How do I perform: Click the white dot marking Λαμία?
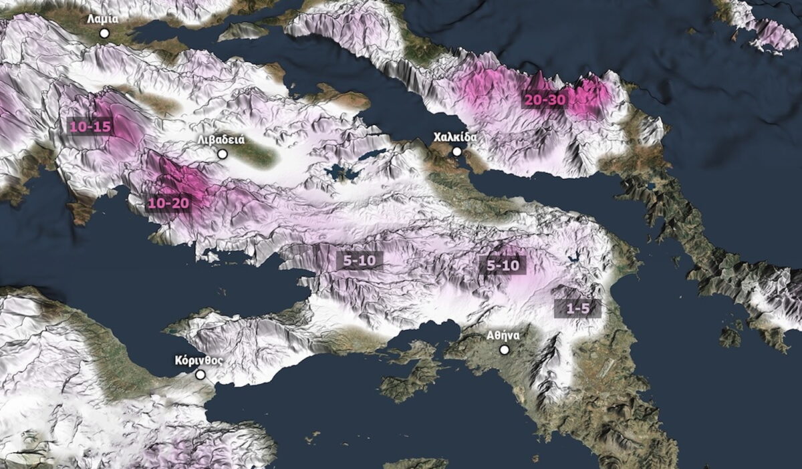tap(104, 33)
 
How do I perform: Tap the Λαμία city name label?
tap(103, 19)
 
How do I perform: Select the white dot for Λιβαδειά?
tap(223, 154)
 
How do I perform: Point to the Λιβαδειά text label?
tap(221, 140)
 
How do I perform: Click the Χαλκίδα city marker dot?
tap(457, 152)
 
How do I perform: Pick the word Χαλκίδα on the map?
tap(455, 138)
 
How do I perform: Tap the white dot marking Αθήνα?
tap(505, 349)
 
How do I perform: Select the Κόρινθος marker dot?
tap(200, 375)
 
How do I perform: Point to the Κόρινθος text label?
tap(198, 360)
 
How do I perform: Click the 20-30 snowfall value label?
tap(545, 99)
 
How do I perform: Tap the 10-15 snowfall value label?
tap(90, 126)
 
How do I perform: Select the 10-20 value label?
tap(169, 202)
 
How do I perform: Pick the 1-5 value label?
tap(577, 308)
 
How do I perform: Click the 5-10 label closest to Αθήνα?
tap(503, 265)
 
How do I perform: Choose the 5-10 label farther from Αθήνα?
tap(360, 260)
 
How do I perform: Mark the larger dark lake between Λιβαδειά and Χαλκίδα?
tap(342, 172)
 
